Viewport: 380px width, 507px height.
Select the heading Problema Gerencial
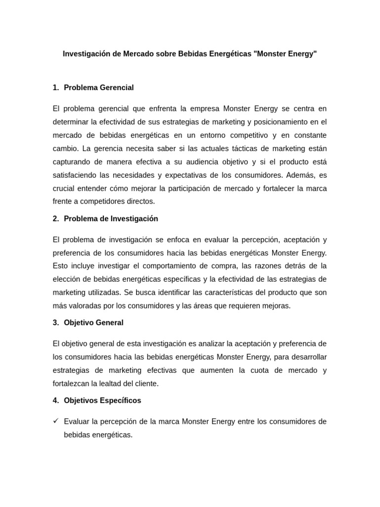(x=98, y=88)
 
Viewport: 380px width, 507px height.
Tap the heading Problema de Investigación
(x=111, y=218)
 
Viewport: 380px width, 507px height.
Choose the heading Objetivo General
(x=94, y=322)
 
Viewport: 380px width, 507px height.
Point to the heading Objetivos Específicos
(x=102, y=400)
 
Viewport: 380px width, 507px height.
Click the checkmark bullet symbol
(x=55, y=421)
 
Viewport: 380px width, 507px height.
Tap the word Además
(x=302, y=175)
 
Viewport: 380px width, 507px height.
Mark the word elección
(x=66, y=279)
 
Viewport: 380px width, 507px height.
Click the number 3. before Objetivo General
(x=55, y=322)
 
